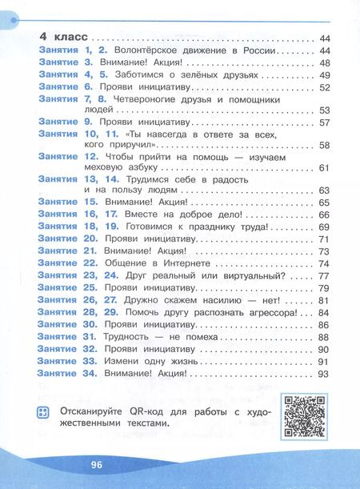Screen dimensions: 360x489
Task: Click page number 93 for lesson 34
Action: pos(324,372)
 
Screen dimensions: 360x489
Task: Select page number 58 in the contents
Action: pos(324,145)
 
